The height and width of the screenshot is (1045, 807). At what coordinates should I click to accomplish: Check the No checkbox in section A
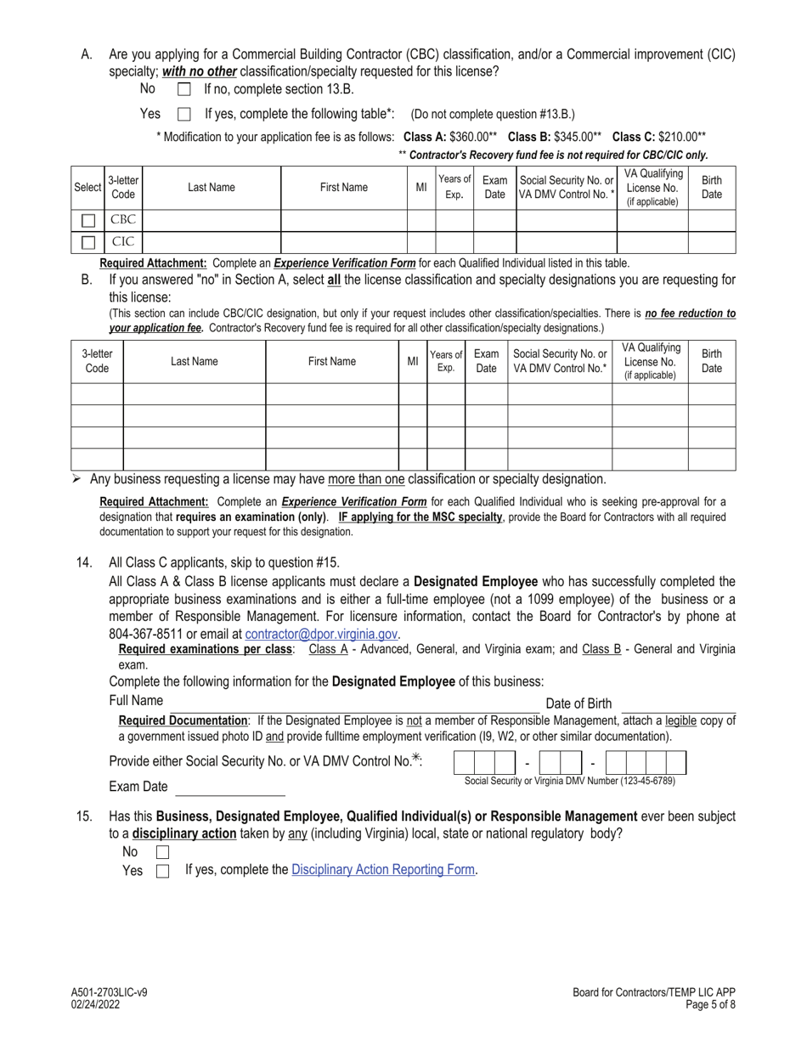click(x=183, y=89)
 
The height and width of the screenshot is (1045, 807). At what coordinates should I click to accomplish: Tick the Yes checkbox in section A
click(x=183, y=114)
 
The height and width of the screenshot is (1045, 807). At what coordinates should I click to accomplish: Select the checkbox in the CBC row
click(x=87, y=221)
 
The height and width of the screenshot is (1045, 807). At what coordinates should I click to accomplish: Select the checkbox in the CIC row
click(x=87, y=243)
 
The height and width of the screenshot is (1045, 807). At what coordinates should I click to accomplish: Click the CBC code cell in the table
click(x=123, y=220)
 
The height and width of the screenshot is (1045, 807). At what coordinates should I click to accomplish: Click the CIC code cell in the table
click(x=123, y=243)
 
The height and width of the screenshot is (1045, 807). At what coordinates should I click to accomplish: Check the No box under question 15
click(x=162, y=851)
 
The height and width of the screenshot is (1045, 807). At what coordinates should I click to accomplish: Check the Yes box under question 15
click(x=162, y=871)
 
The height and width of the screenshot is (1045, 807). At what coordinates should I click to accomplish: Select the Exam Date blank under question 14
click(x=229, y=788)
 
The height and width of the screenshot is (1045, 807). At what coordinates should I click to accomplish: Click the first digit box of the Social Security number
click(x=464, y=762)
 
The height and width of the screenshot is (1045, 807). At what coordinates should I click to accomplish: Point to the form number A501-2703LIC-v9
click(x=110, y=991)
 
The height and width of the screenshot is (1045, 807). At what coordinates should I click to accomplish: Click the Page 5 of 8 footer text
click(x=708, y=1004)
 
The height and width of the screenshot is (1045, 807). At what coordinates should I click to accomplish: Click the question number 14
click(x=84, y=562)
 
